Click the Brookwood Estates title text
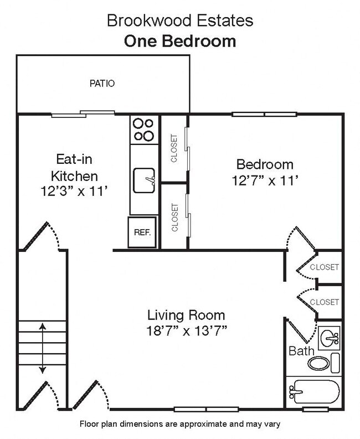tap(179, 21)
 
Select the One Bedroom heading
tap(179, 42)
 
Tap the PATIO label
tap(102, 84)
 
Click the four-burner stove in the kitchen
tap(144, 130)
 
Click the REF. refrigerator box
tap(142, 233)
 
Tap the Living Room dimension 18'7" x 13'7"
tap(186, 330)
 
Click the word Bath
tap(301, 350)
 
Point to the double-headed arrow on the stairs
tap(42, 349)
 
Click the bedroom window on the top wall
tap(264, 115)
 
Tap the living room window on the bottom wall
tap(206, 410)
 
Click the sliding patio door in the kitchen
tap(83, 114)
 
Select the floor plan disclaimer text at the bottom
tap(179, 424)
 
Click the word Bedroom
tap(264, 164)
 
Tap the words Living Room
tap(186, 316)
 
